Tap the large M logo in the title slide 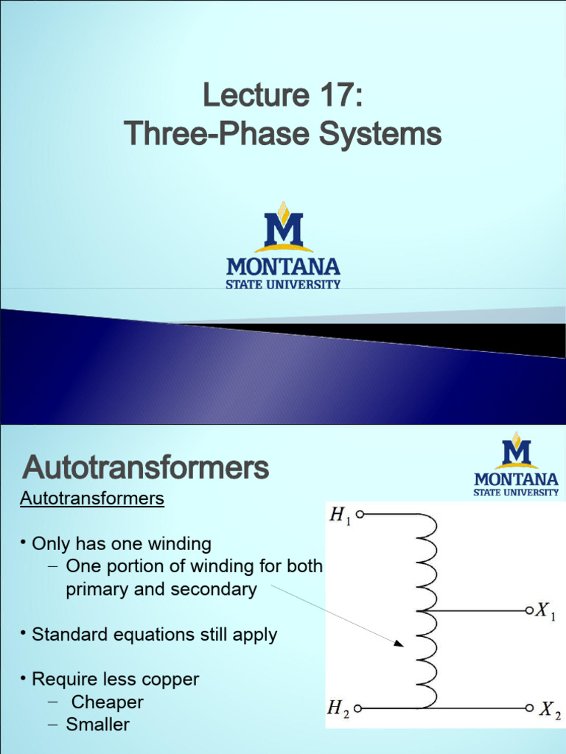pyautogui.click(x=284, y=228)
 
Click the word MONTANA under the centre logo pyautogui.click(x=283, y=267)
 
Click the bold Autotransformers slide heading pyautogui.click(x=146, y=468)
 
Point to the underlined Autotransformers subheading pyautogui.click(x=91, y=498)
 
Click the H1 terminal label pyautogui.click(x=339, y=517)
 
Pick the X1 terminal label pyautogui.click(x=545, y=611)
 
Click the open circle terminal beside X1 pyautogui.click(x=529, y=610)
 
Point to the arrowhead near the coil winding pyautogui.click(x=399, y=644)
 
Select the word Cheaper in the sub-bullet pyautogui.click(x=108, y=702)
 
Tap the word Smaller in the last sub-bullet pyautogui.click(x=98, y=725)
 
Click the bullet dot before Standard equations pyautogui.click(x=24, y=633)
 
